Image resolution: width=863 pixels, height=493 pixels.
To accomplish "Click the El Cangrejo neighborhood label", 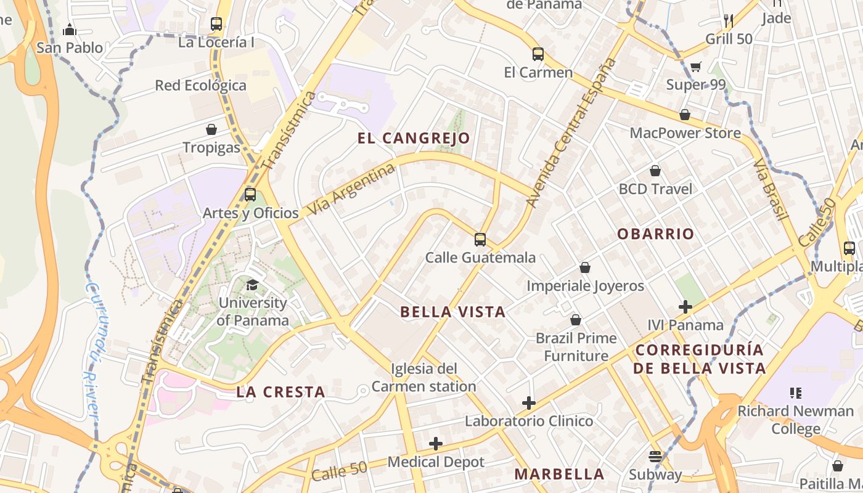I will (x=414, y=138).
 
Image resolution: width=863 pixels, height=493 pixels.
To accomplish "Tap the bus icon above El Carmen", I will (x=538, y=54).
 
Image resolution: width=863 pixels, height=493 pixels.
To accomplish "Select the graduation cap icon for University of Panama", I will (x=252, y=284).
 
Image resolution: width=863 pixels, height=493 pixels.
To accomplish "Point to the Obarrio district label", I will (x=655, y=234).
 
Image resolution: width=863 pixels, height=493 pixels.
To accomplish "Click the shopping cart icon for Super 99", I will (x=696, y=67).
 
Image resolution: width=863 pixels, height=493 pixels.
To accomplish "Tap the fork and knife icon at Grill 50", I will (x=729, y=20).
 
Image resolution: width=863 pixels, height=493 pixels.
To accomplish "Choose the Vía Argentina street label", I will (x=351, y=189).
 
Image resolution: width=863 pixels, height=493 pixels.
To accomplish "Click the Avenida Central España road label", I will (x=571, y=132).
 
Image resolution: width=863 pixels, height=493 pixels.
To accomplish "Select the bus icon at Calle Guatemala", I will (x=480, y=239).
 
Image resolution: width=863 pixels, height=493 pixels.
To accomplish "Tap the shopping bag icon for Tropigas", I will (x=211, y=129).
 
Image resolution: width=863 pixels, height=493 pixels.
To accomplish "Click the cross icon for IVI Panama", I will (x=685, y=306).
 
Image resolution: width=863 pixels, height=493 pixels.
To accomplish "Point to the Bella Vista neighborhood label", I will (x=453, y=312).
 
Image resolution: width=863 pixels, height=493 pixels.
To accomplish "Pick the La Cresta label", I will (x=280, y=392).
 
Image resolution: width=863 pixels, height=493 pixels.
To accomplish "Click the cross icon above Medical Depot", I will (x=436, y=443).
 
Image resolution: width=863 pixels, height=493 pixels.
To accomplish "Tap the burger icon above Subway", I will (x=655, y=457).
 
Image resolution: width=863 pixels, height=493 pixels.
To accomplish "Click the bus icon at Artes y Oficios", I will (x=250, y=195).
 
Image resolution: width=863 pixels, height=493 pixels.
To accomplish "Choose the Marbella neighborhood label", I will (x=559, y=474).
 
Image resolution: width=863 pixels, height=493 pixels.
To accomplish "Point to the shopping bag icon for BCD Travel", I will (x=655, y=171).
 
